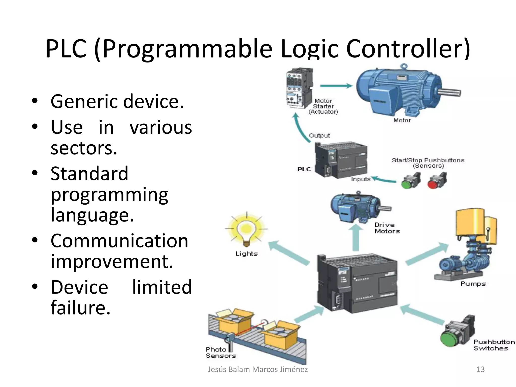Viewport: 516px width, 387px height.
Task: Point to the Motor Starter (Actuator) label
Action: [x=323, y=106]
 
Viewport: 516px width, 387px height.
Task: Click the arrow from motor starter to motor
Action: [x=336, y=86]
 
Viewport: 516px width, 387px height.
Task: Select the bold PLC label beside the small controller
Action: [x=304, y=169]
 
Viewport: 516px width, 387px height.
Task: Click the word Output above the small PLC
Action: [x=319, y=136]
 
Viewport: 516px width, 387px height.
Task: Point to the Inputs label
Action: [x=361, y=179]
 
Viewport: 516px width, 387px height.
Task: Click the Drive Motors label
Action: [x=387, y=228]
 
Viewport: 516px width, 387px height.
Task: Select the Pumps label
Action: [x=473, y=284]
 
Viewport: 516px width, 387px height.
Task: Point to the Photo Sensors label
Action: [x=220, y=352]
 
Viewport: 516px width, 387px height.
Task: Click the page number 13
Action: [x=480, y=369]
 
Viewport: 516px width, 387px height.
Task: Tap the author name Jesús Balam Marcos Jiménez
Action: [x=257, y=369]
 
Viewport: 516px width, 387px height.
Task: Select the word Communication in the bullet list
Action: [x=119, y=241]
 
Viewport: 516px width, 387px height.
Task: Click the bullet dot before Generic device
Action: [x=35, y=101]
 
